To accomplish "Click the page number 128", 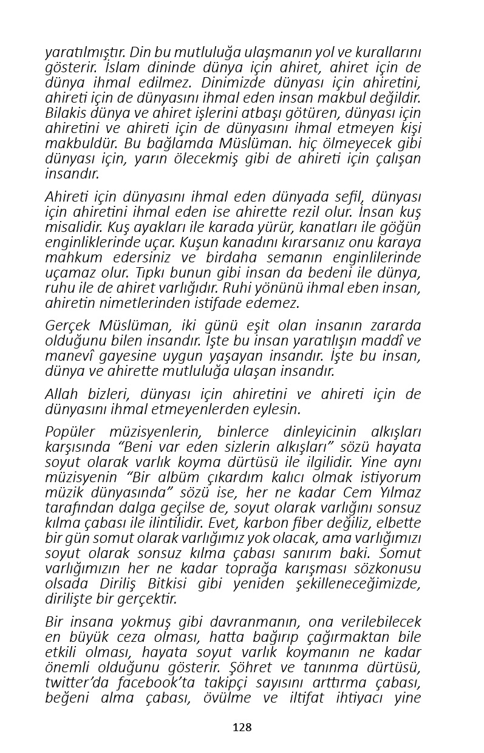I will [242, 727].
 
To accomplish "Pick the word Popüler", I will [70, 432].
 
